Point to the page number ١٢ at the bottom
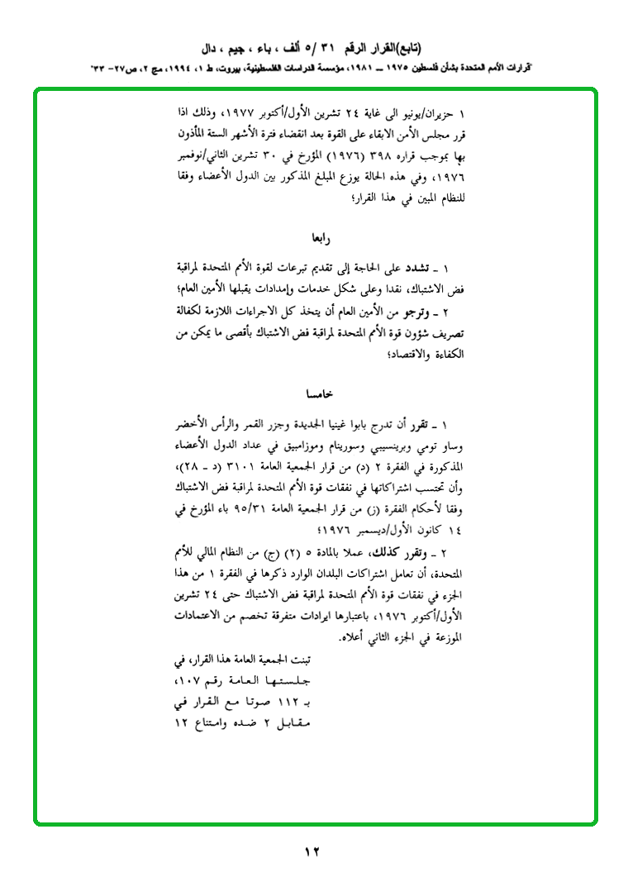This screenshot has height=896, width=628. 312,851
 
